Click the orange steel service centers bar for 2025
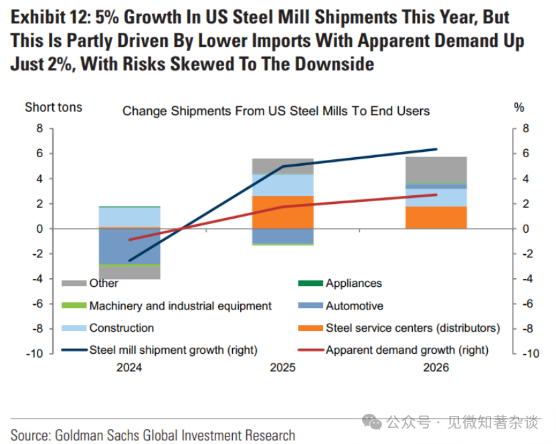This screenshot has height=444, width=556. tap(282, 211)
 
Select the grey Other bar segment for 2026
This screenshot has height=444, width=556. tap(436, 169)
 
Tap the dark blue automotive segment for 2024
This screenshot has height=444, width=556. tap(129, 246)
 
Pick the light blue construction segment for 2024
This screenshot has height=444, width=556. tap(129, 217)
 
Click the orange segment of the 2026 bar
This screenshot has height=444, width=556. tap(436, 217)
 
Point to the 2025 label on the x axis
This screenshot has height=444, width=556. tap(282, 367)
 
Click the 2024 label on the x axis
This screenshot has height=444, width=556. tap(129, 367)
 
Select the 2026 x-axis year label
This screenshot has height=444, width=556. tap(436, 367)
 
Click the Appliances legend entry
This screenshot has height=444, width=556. tap(353, 284)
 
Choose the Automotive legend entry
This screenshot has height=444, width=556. tap(354, 306)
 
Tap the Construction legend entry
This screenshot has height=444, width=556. tap(121, 328)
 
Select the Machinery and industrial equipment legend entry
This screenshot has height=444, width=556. tap(180, 306)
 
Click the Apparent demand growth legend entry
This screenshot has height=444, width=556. tap(407, 350)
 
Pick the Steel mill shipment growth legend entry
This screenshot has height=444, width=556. tap(173, 350)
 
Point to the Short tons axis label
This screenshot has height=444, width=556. tap(54, 107)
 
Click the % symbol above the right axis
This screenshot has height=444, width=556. tap(519, 107)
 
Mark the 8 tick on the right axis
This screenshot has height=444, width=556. tap(526, 128)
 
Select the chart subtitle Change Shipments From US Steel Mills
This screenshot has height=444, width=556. tap(276, 111)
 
